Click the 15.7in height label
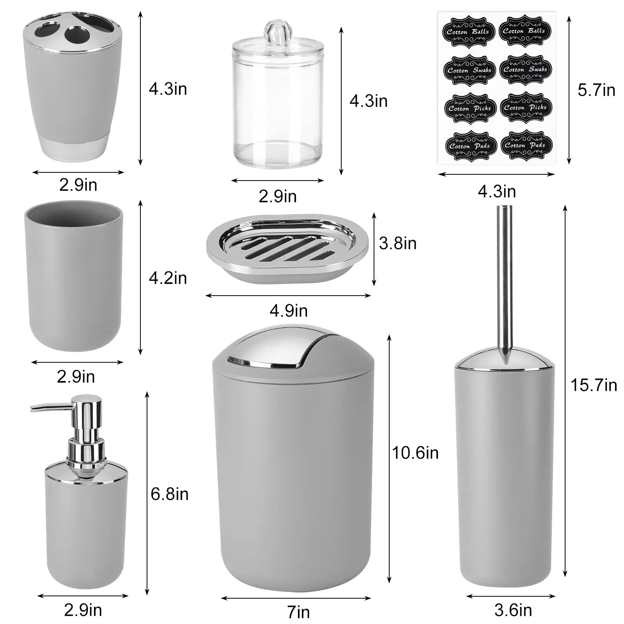pyautogui.click(x=594, y=385)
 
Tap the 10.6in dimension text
pyautogui.click(x=415, y=453)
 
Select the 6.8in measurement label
pyautogui.click(x=170, y=494)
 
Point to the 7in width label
pyautogui.click(x=298, y=612)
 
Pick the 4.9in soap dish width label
pyautogui.click(x=289, y=311)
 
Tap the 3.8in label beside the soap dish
pyautogui.click(x=398, y=243)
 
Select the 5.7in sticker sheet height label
pyautogui.click(x=596, y=90)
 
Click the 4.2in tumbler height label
pyautogui.click(x=168, y=278)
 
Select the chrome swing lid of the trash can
pyautogui.click(x=273, y=349)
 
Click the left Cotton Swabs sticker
pyautogui.click(x=469, y=70)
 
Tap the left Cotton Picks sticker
pyautogui.click(x=470, y=108)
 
